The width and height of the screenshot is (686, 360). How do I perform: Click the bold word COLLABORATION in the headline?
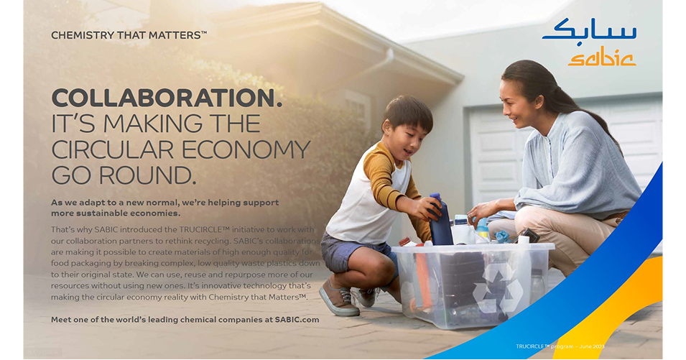pyautogui.click(x=166, y=98)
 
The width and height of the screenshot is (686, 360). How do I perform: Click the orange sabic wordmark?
pyautogui.click(x=602, y=57)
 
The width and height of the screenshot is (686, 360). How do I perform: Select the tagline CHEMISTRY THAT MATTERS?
pyautogui.click(x=129, y=35)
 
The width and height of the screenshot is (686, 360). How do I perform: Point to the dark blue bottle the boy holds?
pyautogui.click(x=440, y=219)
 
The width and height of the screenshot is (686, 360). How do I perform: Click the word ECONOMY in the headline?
pyautogui.click(x=246, y=149)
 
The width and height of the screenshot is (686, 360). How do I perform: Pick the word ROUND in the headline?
pyautogui.click(x=147, y=175)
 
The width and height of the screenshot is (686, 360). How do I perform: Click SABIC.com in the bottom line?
pyautogui.click(x=297, y=319)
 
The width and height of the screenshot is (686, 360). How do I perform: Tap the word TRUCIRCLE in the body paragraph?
pyautogui.click(x=204, y=229)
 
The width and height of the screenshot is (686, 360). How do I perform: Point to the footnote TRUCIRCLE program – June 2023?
pyautogui.click(x=560, y=346)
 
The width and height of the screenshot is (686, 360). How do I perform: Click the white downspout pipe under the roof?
pyautogui.click(x=363, y=70)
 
